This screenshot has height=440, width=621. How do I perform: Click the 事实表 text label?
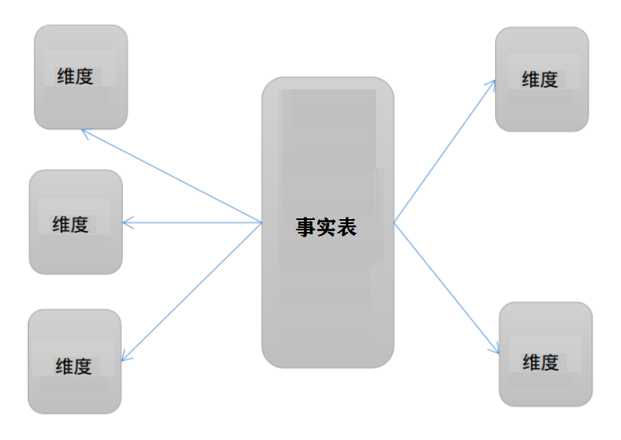pos(326,227)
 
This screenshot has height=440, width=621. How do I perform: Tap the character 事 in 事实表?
pos(306,227)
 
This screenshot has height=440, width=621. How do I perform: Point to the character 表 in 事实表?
pos(346,227)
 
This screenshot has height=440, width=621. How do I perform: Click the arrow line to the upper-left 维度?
pos(171,176)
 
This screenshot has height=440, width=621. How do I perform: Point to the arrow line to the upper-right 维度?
pos(445,151)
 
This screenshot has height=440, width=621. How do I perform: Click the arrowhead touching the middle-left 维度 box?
pos(128,223)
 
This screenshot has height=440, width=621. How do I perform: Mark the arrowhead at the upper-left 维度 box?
pos(85,132)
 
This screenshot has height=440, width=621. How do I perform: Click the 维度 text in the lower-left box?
pos(73,367)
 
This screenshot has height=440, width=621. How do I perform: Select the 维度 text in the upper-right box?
pos(540,80)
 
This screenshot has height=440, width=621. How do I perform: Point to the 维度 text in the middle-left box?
pos(70,225)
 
